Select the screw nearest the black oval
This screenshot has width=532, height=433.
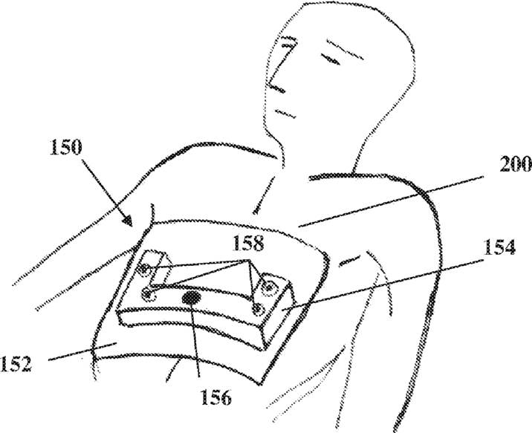[x=147, y=294]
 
